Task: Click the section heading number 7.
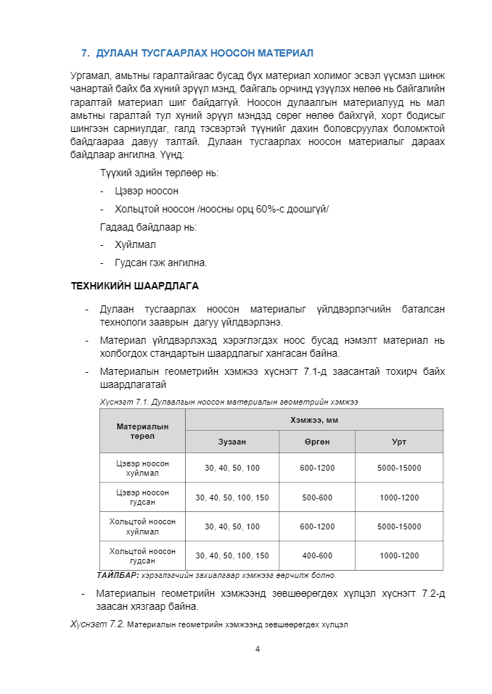tap(84, 53)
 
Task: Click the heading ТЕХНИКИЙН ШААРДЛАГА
tap(134, 286)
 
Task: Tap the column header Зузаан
tap(232, 442)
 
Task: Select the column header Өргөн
tap(317, 442)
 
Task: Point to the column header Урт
tap(398, 442)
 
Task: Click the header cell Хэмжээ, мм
tap(314, 419)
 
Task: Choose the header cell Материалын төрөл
tap(142, 431)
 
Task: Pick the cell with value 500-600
tap(317, 497)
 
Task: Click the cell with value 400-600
tap(317, 555)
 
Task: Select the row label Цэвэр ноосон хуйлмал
tap(142, 468)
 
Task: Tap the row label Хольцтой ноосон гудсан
tap(142, 555)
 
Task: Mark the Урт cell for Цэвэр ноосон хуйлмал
tap(398, 468)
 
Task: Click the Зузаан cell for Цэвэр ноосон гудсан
tap(232, 497)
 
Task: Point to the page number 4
tap(258, 648)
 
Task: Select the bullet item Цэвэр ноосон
tap(146, 191)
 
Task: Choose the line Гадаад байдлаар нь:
tap(148, 227)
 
